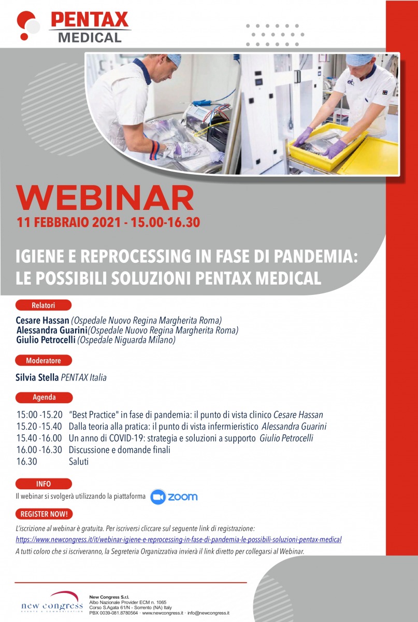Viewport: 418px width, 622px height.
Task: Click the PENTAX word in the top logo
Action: click(90, 20)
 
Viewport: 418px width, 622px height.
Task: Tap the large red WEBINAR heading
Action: click(105, 197)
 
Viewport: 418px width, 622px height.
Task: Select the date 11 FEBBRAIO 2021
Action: click(69, 223)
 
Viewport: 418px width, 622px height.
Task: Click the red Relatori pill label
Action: click(44, 305)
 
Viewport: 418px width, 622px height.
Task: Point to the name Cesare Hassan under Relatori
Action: click(42, 320)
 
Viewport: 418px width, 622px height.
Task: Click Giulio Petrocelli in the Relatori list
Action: click(46, 340)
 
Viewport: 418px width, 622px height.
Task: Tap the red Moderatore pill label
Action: click(44, 360)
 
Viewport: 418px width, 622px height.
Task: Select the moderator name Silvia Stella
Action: click(37, 377)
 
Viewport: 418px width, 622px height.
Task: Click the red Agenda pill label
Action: click(44, 398)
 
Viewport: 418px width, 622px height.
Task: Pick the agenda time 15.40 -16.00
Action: click(39, 438)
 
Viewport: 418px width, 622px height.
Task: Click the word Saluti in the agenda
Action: click(79, 461)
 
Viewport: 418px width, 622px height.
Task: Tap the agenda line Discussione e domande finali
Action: click(119, 450)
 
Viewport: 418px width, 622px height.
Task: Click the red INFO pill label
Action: click(44, 484)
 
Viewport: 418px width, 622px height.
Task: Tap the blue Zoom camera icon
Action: click(158, 497)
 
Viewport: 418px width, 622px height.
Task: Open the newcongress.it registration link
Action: click(179, 540)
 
